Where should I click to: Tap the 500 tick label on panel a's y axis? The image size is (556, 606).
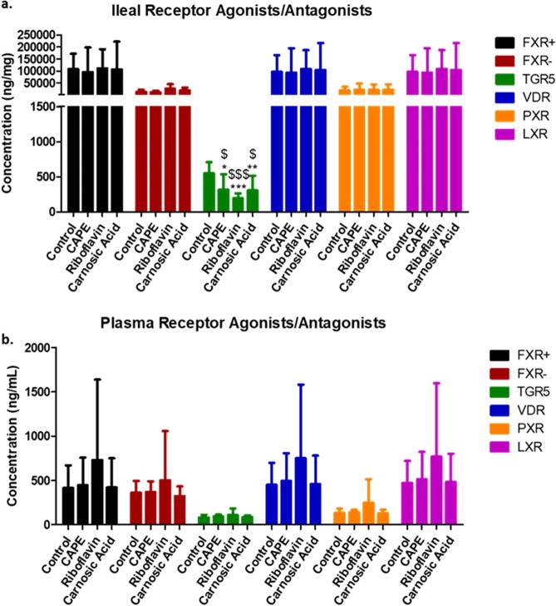click(x=47, y=176)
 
